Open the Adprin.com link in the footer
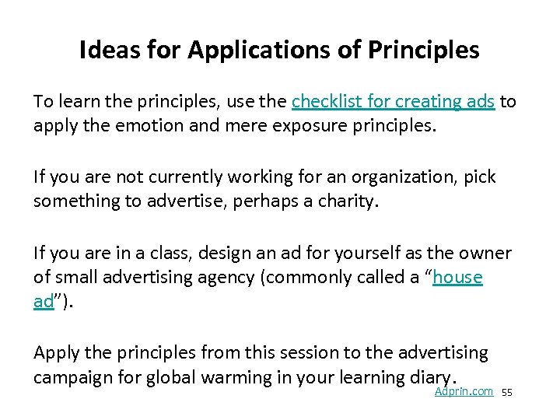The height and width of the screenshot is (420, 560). pyautogui.click(x=464, y=391)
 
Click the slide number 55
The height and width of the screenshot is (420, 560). pyautogui.click(x=507, y=393)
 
